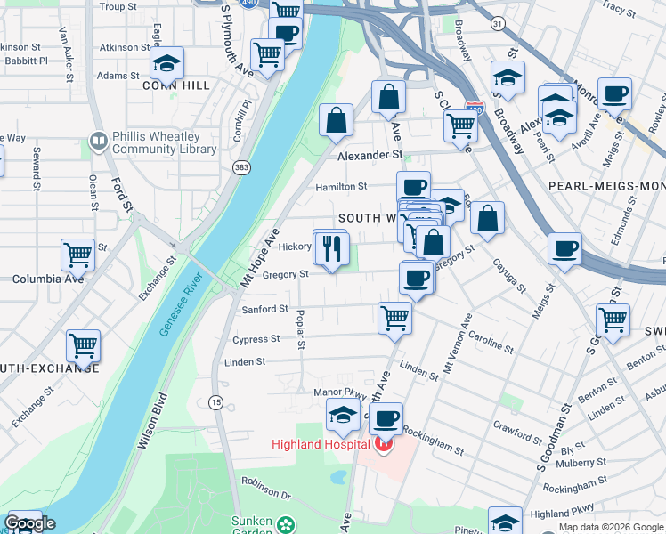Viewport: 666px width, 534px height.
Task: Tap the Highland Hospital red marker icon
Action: tap(383, 443)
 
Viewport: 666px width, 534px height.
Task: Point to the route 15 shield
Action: tap(215, 403)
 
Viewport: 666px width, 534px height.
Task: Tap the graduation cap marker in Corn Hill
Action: tap(166, 63)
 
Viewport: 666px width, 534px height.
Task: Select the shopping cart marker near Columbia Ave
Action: tap(77, 255)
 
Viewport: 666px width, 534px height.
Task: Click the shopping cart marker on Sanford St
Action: tap(394, 317)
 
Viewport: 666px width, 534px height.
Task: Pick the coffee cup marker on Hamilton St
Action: tap(413, 187)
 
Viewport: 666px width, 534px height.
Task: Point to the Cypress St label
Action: tap(256, 339)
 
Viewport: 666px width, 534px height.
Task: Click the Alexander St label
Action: tap(370, 155)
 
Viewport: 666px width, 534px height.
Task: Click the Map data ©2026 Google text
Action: tap(611, 527)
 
